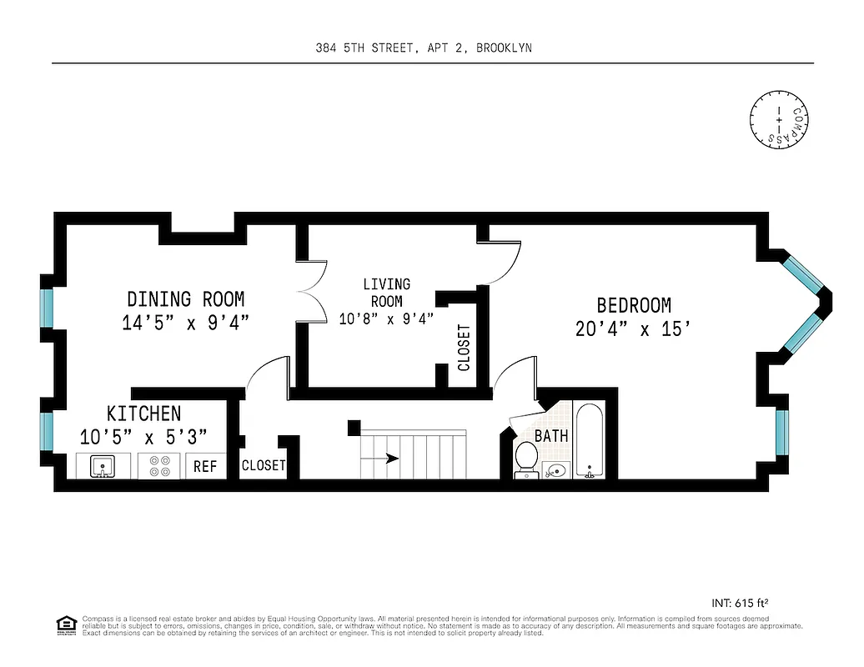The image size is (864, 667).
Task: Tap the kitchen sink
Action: tap(102, 466)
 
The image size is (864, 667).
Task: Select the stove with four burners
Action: tap(160, 466)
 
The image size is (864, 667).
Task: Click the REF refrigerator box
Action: tap(205, 467)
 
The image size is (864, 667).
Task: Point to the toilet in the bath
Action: tap(526, 458)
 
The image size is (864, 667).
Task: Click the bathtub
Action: tap(590, 441)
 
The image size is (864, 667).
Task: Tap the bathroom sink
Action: tap(555, 471)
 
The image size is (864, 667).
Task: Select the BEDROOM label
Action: tap(633, 305)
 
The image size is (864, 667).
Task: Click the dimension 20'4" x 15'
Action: tap(633, 329)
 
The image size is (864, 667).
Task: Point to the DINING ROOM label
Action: tap(185, 298)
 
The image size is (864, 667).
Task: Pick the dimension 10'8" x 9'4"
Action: tap(386, 318)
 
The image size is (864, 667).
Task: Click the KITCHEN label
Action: tap(143, 414)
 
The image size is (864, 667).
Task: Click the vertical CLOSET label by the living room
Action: tap(464, 347)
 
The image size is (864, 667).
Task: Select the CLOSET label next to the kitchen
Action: tap(264, 466)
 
